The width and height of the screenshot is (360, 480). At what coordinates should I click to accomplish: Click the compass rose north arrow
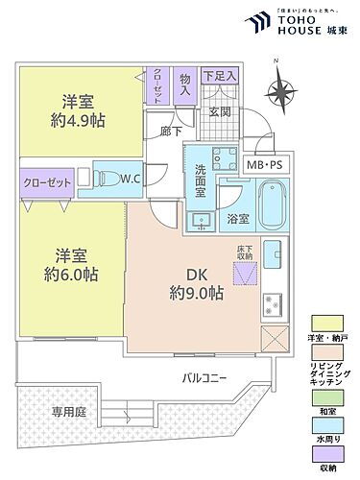coord(281,93)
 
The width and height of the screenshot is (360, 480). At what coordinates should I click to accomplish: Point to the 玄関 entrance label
coord(219,113)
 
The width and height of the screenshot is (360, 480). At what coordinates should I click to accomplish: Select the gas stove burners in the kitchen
coord(272,303)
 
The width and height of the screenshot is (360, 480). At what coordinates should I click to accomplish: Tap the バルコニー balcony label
coord(204,377)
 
